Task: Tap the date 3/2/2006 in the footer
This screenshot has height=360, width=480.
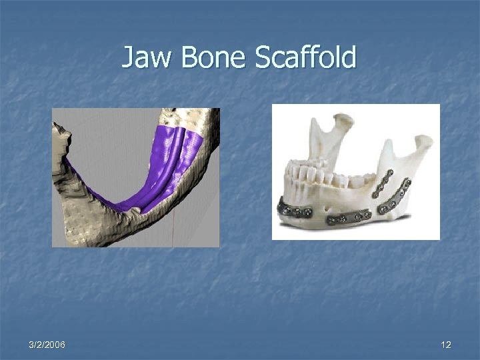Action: (x=47, y=345)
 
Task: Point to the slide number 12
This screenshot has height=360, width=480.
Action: (x=446, y=345)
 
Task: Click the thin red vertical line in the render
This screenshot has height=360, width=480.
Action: (x=173, y=230)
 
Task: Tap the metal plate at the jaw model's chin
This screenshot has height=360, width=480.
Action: (x=295, y=213)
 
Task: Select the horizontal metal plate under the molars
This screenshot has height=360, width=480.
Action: (x=348, y=217)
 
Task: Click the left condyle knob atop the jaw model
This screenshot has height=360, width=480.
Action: (x=341, y=122)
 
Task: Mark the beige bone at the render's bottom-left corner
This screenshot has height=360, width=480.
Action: (x=73, y=230)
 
